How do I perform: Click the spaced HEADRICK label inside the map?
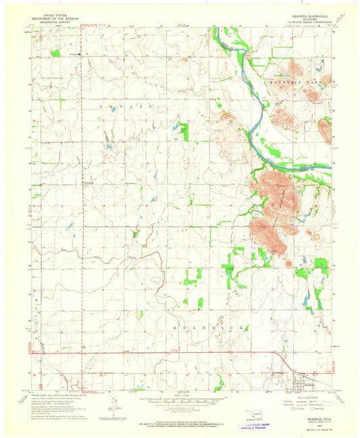coord(209,327)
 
